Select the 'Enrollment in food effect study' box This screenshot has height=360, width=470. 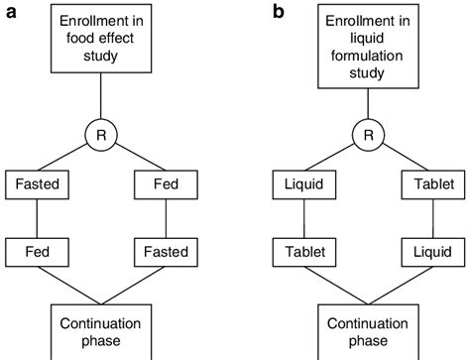pyautogui.click(x=101, y=41)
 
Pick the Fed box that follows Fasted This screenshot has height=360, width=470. pyautogui.click(x=38, y=252)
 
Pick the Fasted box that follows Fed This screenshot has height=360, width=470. pyautogui.click(x=163, y=252)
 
